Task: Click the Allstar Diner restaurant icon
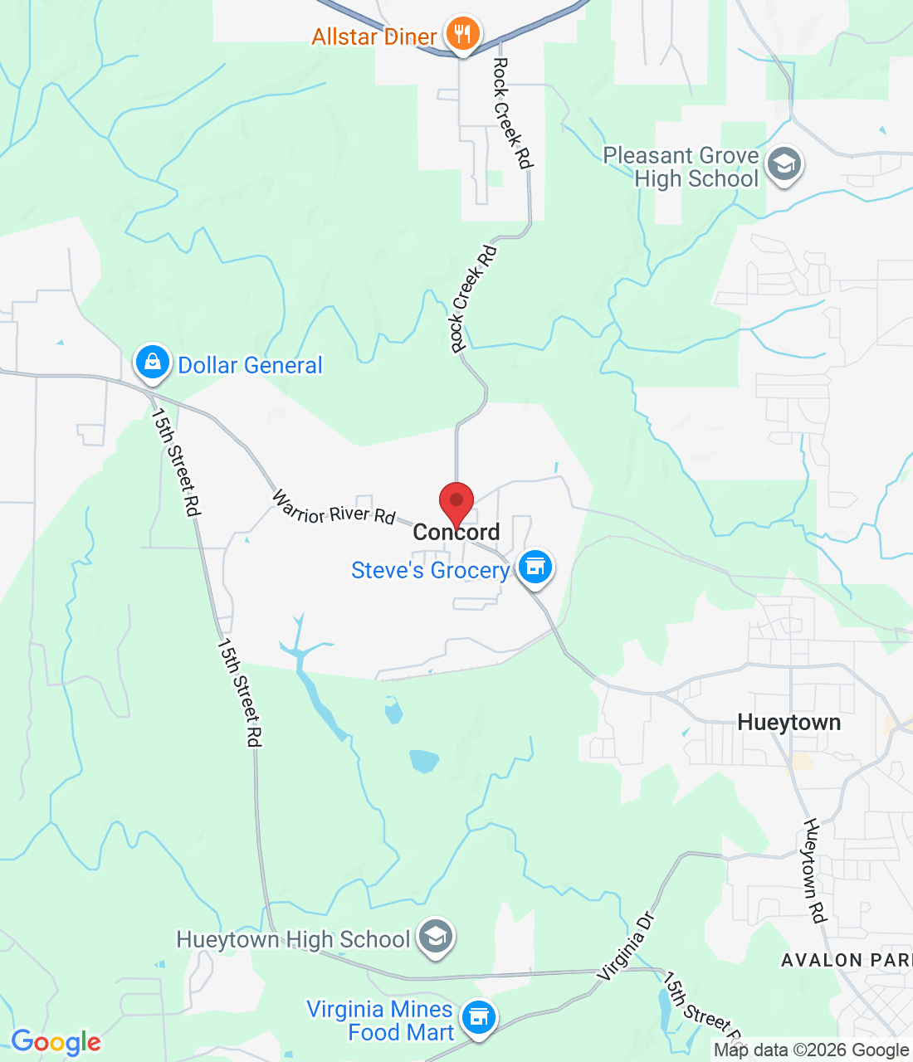click(462, 34)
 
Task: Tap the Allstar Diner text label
click(374, 37)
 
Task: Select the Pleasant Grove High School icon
click(784, 164)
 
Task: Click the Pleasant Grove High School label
click(681, 168)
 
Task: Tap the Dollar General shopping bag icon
click(152, 363)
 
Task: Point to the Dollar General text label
click(250, 366)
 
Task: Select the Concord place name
click(456, 533)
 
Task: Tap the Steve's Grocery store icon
click(535, 568)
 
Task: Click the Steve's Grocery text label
click(430, 571)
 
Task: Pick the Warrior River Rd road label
click(334, 509)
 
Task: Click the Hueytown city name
click(788, 723)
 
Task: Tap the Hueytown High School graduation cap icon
click(435, 937)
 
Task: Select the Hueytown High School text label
click(293, 940)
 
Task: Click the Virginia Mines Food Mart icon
click(478, 1016)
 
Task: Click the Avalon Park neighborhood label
click(845, 961)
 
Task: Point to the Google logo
click(56, 1042)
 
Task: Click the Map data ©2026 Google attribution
click(810, 1050)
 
